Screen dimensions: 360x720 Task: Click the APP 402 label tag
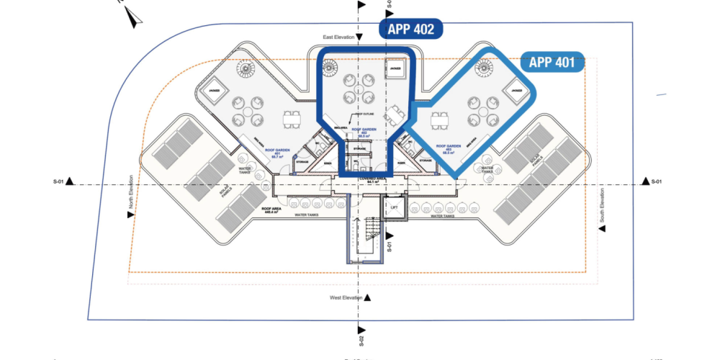(411, 30)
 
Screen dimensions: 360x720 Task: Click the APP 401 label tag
(552, 62)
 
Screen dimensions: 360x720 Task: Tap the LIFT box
(393, 207)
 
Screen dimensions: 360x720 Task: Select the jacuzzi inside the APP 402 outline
(395, 68)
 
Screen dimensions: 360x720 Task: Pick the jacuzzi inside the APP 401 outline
(515, 90)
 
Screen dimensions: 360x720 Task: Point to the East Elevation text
(339, 37)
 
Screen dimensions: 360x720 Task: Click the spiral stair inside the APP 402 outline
(332, 68)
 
